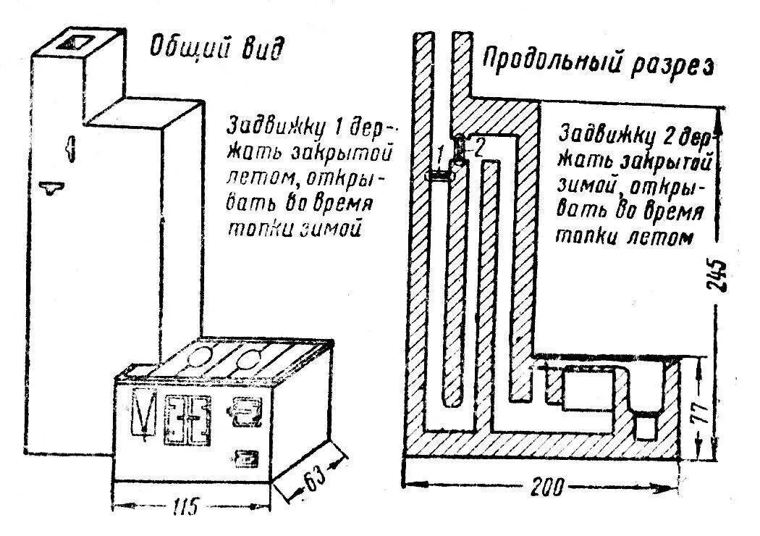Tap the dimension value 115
[x=186, y=506]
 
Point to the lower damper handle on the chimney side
[x=51, y=189]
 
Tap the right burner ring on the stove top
[x=250, y=356]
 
